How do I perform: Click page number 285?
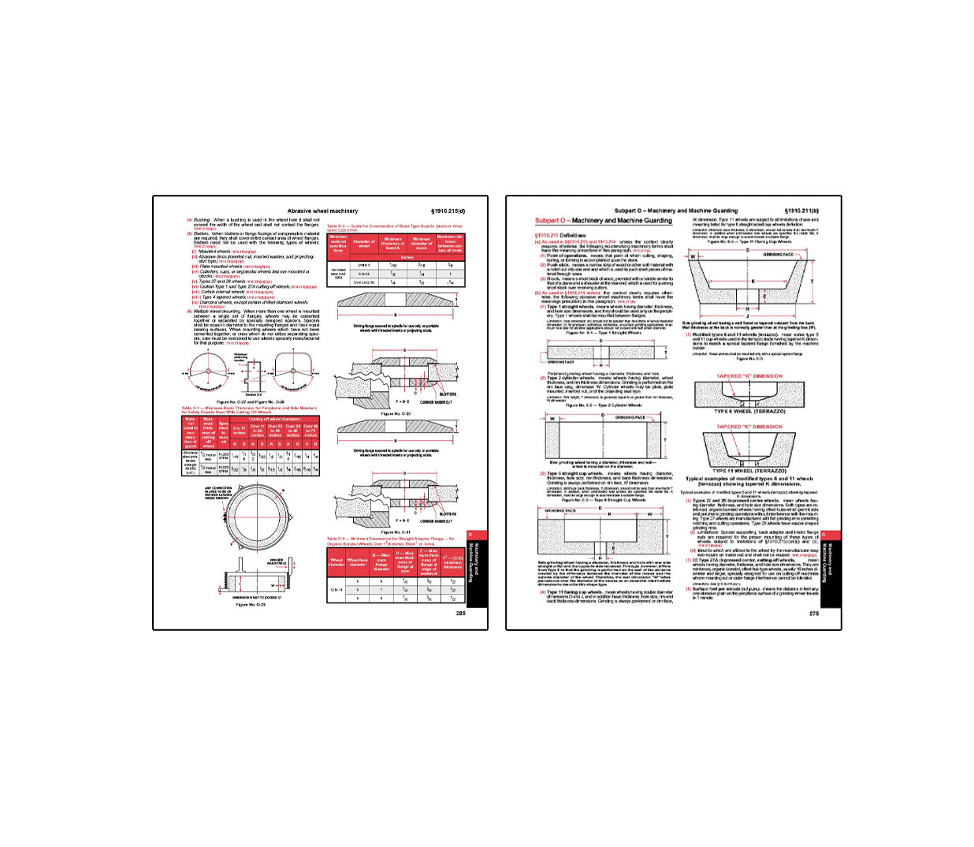[460, 613]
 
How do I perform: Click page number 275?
[813, 613]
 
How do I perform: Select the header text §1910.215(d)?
[448, 211]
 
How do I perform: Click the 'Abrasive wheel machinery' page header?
[322, 211]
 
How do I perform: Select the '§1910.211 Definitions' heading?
[560, 235]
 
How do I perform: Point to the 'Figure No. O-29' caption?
[251, 605]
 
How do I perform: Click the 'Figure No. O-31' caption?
[396, 532]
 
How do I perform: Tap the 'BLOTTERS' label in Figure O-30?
[448, 394]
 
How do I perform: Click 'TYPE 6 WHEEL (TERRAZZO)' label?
[749, 412]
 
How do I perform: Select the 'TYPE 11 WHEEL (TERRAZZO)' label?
[749, 471]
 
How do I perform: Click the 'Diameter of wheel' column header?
[364, 244]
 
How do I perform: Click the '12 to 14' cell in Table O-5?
[336, 589]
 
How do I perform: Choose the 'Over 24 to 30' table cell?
[364, 282]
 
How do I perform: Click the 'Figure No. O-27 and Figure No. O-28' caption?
[251, 401]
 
